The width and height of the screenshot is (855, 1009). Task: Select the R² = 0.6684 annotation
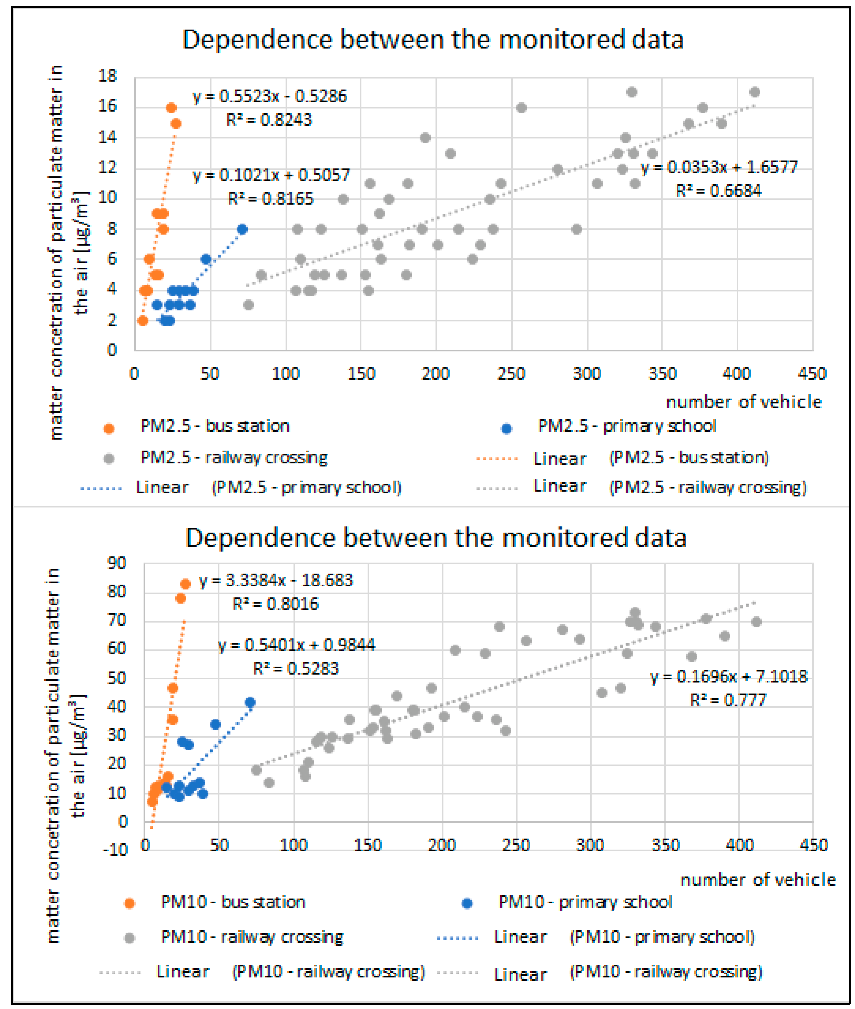(718, 191)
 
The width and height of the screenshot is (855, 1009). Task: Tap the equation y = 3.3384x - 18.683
(276, 580)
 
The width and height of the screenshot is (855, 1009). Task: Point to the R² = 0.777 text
(728, 700)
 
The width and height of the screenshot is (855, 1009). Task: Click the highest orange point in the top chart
(171, 108)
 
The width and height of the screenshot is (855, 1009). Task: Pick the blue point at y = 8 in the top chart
(242, 229)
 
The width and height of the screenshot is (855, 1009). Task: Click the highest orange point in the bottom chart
(185, 584)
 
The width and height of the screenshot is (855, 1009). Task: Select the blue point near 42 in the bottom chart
(250, 702)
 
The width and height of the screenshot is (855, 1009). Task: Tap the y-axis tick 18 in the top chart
(108, 76)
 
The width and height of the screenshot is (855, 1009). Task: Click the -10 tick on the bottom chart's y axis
(115, 850)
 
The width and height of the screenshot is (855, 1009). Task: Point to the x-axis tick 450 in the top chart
(812, 374)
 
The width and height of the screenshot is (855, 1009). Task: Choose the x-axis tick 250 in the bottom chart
(516, 845)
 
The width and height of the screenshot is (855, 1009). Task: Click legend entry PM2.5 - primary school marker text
(627, 426)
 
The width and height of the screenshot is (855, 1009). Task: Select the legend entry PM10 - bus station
(233, 902)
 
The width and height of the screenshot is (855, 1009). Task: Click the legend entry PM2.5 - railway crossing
(234, 457)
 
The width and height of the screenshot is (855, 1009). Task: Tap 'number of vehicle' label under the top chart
(744, 402)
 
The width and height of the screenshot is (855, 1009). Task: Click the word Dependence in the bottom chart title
(260, 538)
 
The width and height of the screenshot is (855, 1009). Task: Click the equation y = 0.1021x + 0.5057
(271, 175)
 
